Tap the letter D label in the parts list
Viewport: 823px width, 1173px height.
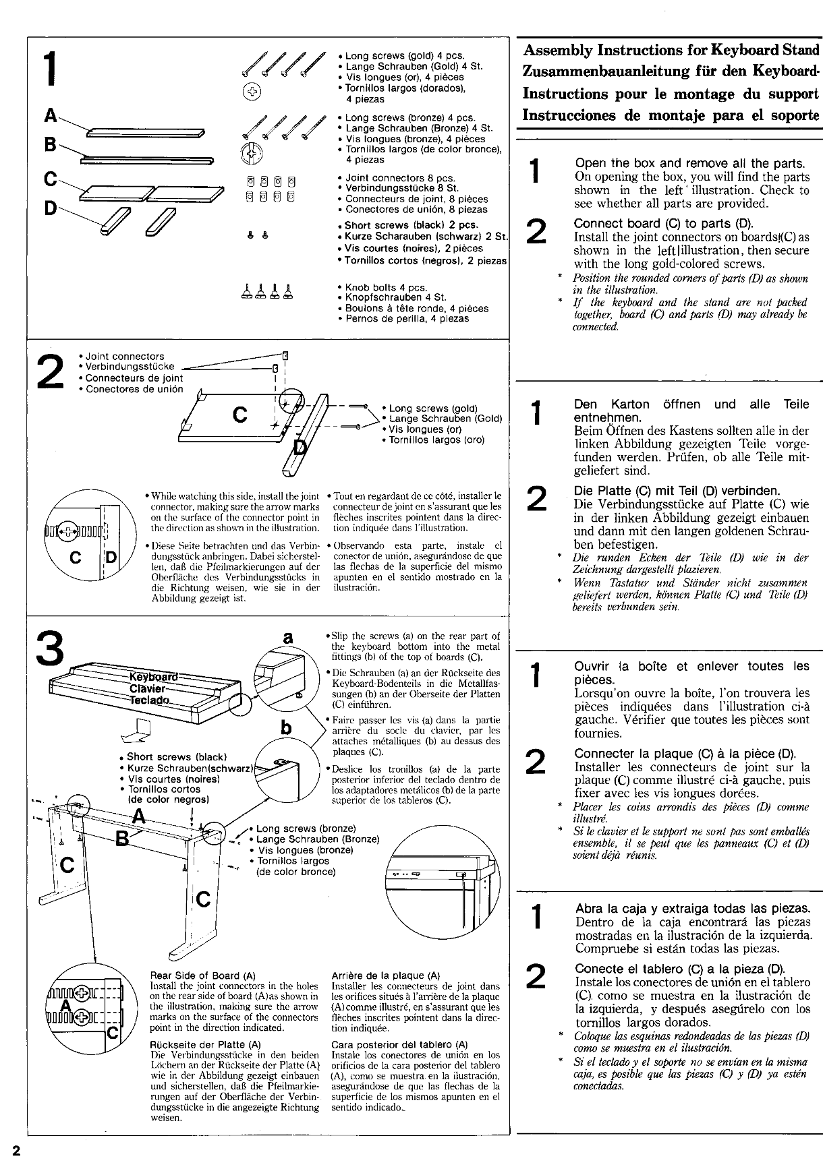point(49,209)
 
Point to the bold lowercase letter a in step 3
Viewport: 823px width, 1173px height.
point(288,637)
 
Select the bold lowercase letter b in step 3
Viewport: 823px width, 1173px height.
point(287,729)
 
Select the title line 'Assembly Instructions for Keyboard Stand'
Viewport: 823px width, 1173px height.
point(671,50)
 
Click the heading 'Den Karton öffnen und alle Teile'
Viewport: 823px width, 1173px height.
point(691,404)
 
